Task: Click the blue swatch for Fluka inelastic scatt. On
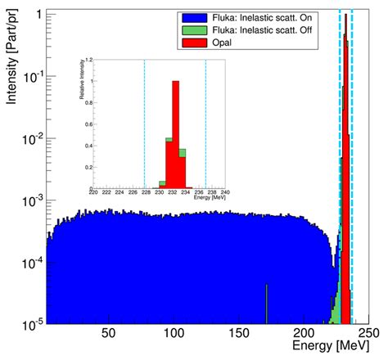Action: click(x=191, y=16)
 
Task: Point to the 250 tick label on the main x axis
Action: click(x=366, y=335)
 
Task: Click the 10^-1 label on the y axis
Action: click(x=32, y=77)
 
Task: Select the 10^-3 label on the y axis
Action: click(x=32, y=201)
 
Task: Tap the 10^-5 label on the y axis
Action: click(x=32, y=325)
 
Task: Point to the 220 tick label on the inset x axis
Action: click(x=93, y=193)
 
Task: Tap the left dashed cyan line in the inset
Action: click(x=145, y=123)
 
